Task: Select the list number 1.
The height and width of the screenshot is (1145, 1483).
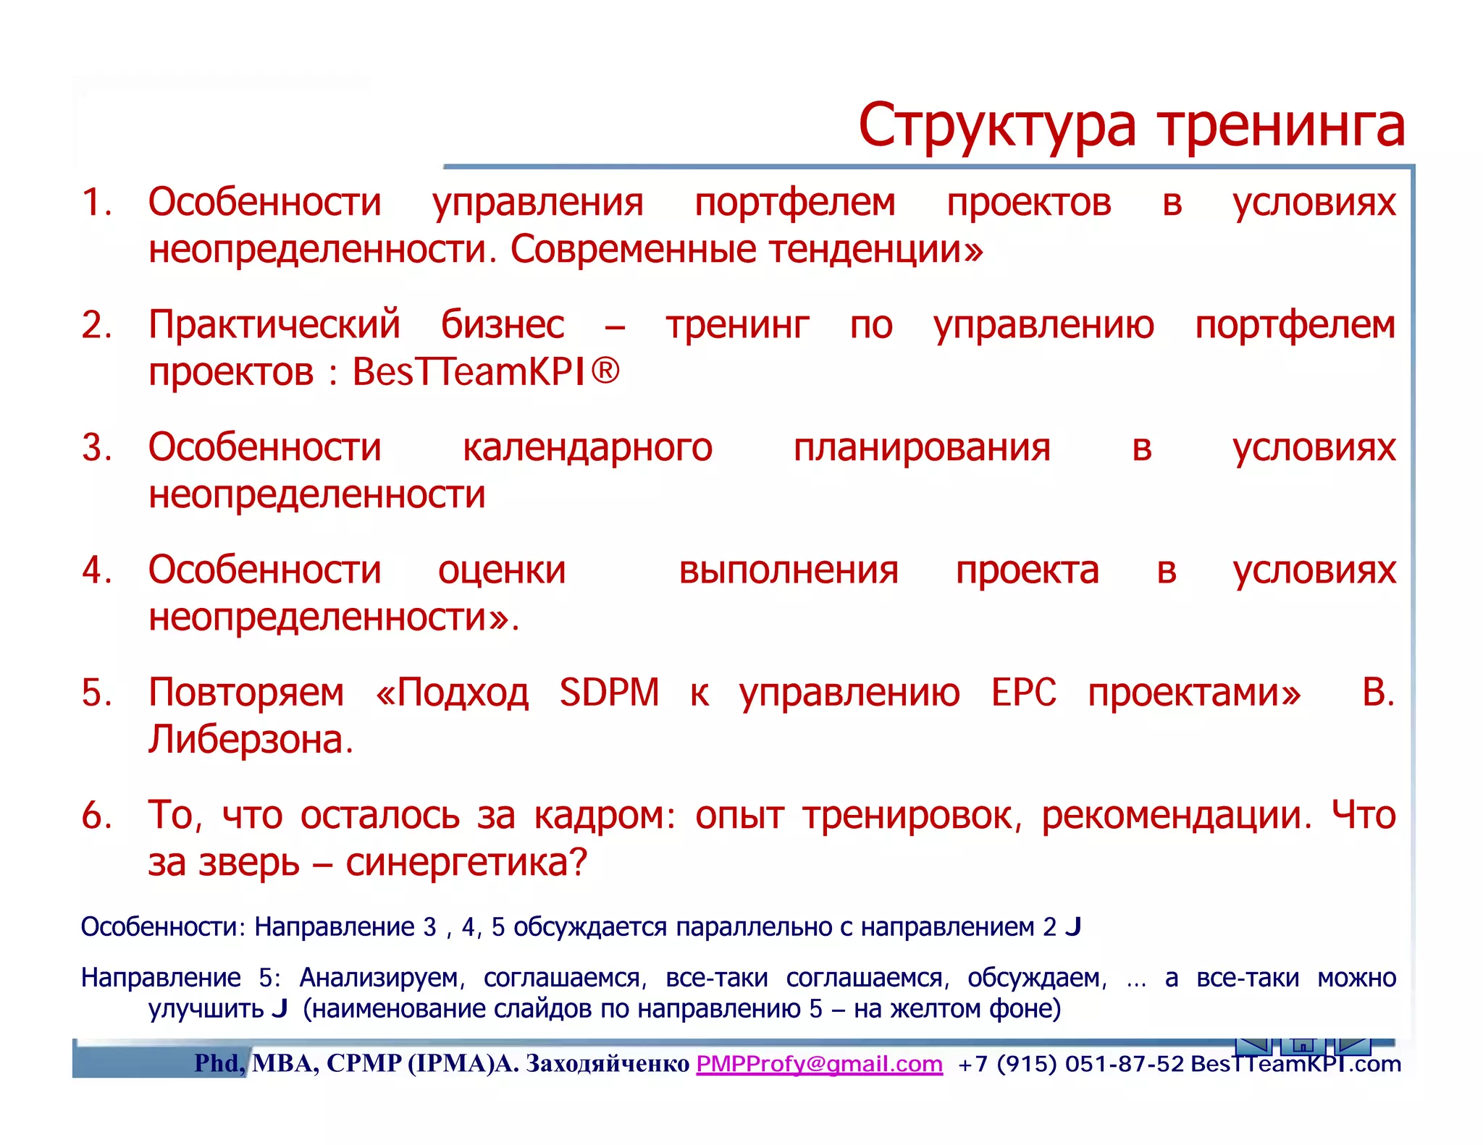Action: [x=96, y=202]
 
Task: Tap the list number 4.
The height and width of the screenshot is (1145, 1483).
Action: [x=96, y=570]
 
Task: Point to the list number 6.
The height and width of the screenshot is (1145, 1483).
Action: [x=96, y=816]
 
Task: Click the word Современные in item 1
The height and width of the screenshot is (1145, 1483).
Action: [x=634, y=250]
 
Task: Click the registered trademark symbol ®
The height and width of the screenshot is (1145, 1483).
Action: [x=605, y=371]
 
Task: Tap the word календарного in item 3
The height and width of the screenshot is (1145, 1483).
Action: [x=587, y=447]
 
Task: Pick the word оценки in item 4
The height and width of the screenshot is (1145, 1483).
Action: [x=501, y=570]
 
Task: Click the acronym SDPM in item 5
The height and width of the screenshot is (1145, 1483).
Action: [x=609, y=693]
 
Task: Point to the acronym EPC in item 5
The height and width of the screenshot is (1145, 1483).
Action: [x=1023, y=693]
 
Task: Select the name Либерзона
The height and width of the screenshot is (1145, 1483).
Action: [x=251, y=740]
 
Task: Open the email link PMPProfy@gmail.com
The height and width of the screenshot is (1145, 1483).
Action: [x=819, y=1064]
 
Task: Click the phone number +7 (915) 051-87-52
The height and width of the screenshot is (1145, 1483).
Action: [x=1070, y=1064]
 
